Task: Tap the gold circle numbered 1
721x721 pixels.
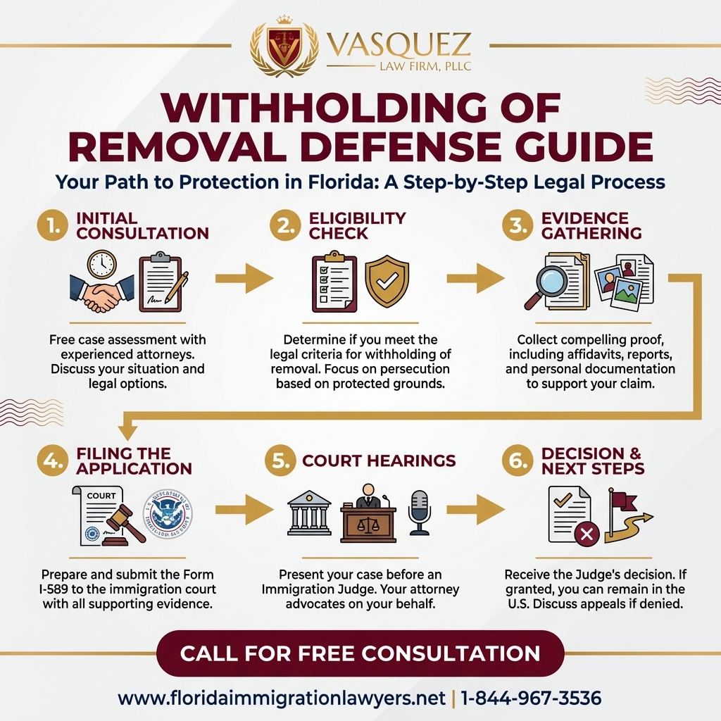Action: pos(52,227)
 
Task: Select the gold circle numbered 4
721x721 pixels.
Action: pos(52,461)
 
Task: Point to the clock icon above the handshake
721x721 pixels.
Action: pos(101,264)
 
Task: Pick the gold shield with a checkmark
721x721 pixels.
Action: pos(387,281)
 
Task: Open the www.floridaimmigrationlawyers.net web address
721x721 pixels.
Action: pos(282,698)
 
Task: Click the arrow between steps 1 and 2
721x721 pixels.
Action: pos(244,280)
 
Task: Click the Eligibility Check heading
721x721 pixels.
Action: pos(357,225)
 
